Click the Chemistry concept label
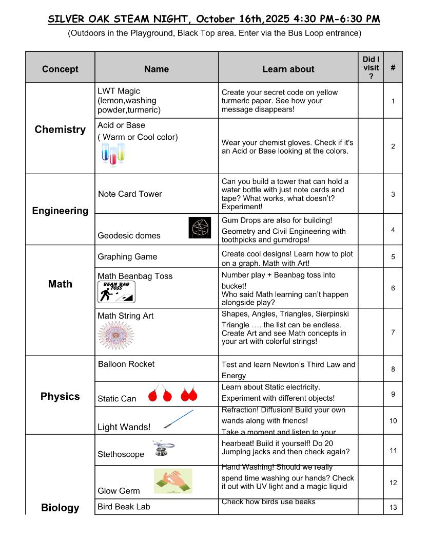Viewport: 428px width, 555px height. (60, 129)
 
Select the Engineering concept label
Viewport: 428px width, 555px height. (60, 211)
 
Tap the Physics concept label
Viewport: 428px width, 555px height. (60, 396)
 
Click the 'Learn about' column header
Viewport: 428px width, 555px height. (288, 69)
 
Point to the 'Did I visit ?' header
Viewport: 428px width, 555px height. (371, 68)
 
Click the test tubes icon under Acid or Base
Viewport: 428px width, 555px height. (113, 154)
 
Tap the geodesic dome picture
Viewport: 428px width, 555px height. (200, 228)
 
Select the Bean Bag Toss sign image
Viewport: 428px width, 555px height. (116, 292)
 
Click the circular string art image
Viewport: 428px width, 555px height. (115, 336)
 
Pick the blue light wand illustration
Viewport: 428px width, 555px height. (179, 419)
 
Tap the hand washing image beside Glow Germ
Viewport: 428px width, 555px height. (173, 480)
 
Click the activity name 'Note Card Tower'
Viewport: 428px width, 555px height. (130, 194)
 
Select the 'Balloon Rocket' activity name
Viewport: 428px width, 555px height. (126, 364)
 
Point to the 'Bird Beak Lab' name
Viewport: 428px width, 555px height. (124, 507)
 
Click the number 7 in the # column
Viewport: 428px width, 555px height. (393, 332)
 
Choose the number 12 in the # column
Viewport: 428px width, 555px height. (393, 483)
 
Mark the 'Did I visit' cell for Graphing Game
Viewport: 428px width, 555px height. (371, 257)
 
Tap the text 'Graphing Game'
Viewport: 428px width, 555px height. (127, 257)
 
